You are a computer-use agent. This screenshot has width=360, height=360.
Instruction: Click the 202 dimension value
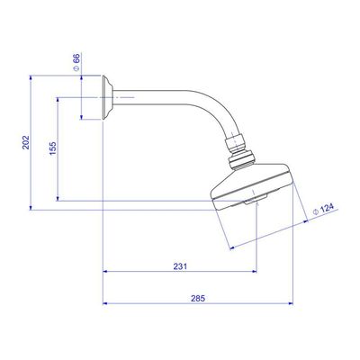pyautogui.click(x=26, y=142)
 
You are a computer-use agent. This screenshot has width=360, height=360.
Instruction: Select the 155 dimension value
pyautogui.click(x=53, y=148)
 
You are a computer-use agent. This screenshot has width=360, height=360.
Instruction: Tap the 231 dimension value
pyautogui.click(x=180, y=266)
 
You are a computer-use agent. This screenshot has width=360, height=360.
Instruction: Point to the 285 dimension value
pyautogui.click(x=198, y=299)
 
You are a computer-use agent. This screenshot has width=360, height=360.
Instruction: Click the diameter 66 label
pyautogui.click(x=76, y=62)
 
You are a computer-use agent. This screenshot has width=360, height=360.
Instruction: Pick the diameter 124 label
pyautogui.click(x=323, y=209)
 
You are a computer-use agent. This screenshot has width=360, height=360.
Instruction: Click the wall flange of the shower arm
pyautogui.click(x=107, y=97)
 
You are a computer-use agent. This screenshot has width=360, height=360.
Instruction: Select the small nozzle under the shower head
pyautogui.click(x=256, y=199)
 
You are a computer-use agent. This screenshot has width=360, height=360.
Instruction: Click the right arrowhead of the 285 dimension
pyautogui.click(x=291, y=303)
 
